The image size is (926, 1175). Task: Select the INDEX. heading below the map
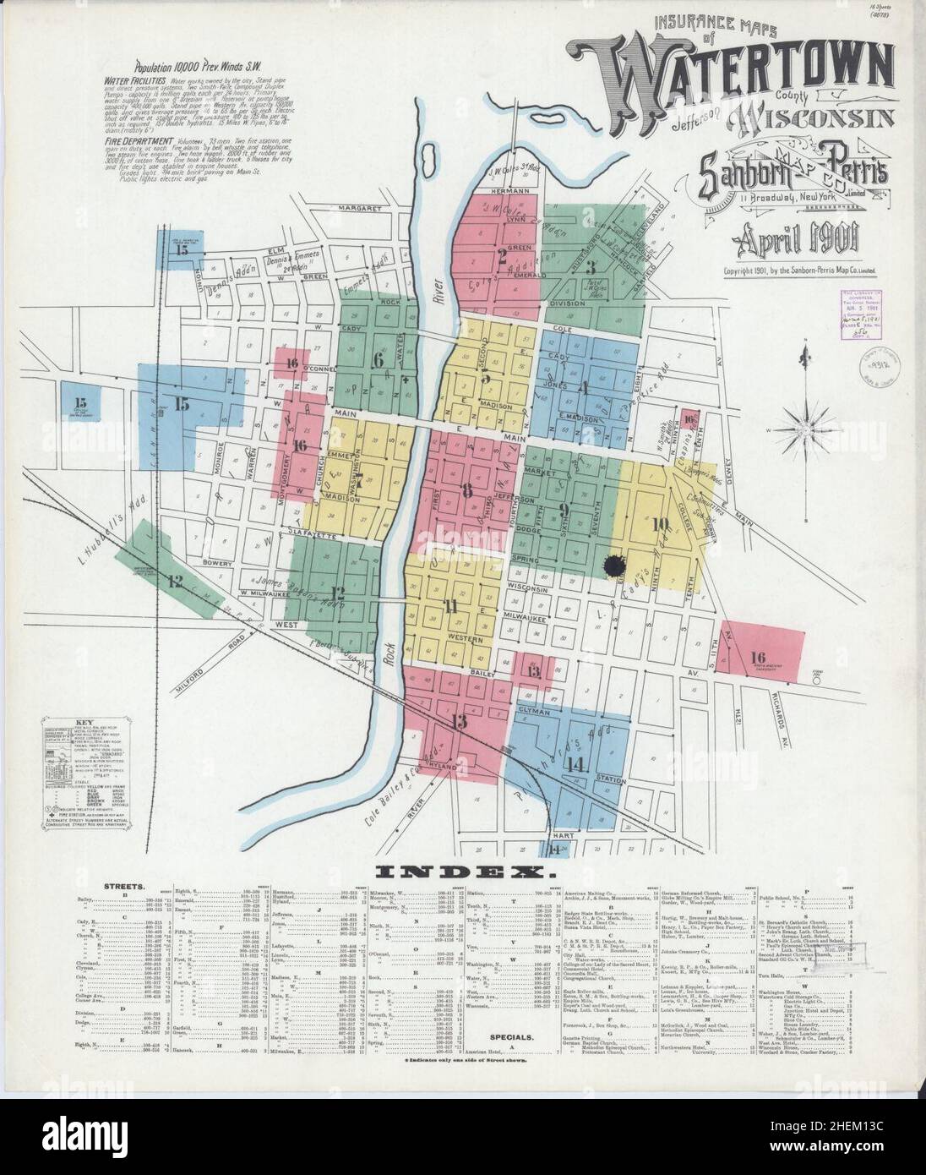coord(463,871)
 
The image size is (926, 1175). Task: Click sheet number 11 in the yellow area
coord(452,605)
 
